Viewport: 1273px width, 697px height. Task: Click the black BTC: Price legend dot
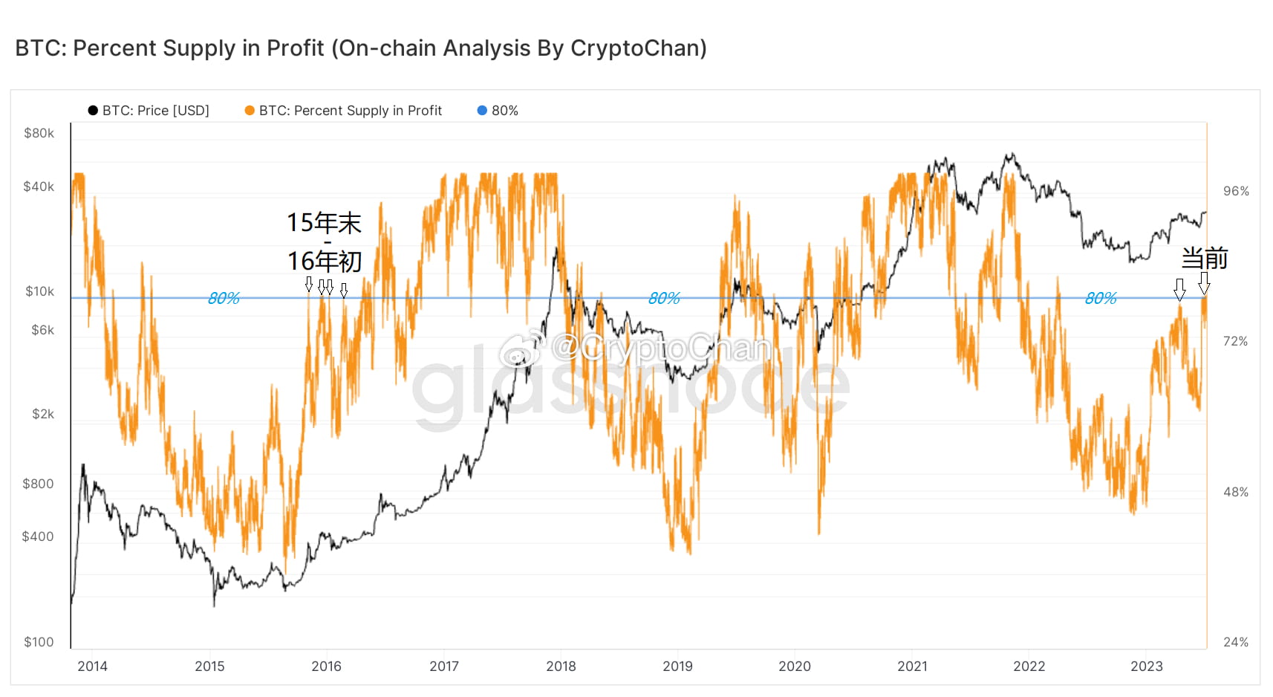click(x=93, y=111)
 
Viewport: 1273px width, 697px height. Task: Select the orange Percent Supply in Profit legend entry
click(x=343, y=111)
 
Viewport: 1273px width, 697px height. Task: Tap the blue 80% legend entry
click(x=497, y=111)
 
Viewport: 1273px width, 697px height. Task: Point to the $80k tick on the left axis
click(x=39, y=133)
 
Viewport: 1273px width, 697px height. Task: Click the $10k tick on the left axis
click(x=39, y=291)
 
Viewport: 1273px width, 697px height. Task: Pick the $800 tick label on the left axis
click(x=38, y=484)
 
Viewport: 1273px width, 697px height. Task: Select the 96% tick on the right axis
click(x=1236, y=191)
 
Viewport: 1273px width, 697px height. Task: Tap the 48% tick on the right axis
click(x=1236, y=492)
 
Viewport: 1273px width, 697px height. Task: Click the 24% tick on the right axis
click(x=1236, y=642)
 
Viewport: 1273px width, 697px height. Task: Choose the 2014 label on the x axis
click(x=92, y=667)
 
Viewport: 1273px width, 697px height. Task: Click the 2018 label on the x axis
click(x=561, y=667)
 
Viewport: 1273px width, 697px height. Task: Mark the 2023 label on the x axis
click(x=1146, y=667)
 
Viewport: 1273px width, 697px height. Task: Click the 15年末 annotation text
click(x=324, y=223)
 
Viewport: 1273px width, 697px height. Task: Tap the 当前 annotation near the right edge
click(x=1204, y=259)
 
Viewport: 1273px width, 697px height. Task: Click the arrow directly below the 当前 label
click(x=1204, y=283)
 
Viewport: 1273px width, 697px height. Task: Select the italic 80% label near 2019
click(x=664, y=298)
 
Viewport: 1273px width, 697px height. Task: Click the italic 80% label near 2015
click(x=224, y=298)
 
